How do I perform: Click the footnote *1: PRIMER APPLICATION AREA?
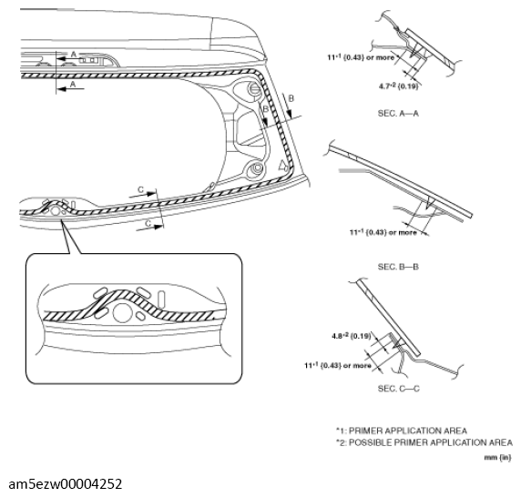[401, 430]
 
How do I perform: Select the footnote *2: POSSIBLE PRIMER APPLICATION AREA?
[424, 441]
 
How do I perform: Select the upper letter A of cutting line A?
[74, 55]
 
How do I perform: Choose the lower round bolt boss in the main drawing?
[258, 168]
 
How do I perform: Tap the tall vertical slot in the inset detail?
[160, 298]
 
